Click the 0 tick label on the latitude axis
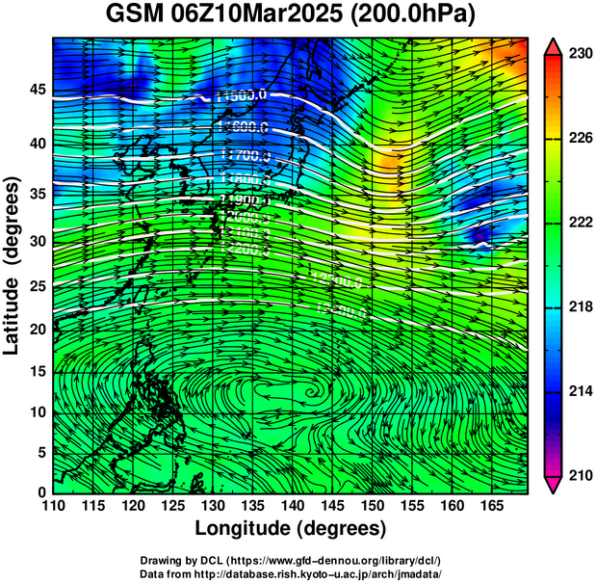[39, 492]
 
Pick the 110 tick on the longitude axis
[53, 507]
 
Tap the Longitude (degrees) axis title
[291, 528]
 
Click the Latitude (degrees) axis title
[13, 265]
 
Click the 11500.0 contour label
[242, 95]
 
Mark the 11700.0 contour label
[245, 154]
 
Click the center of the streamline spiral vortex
[312, 393]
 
